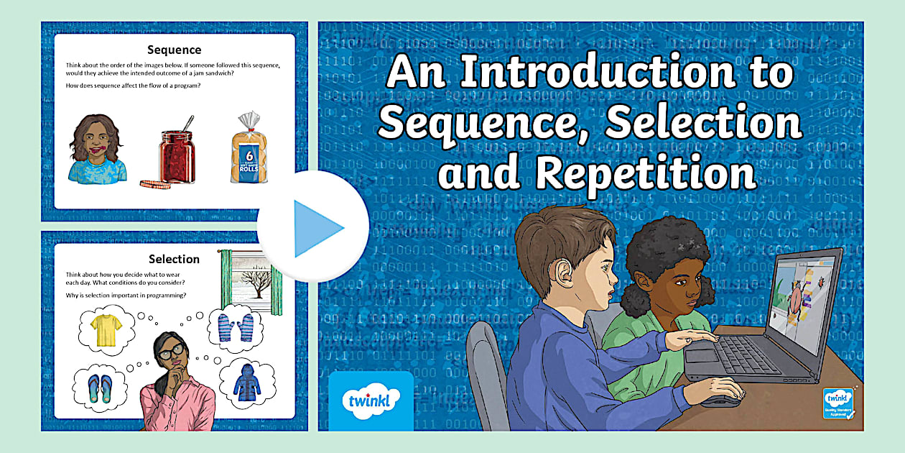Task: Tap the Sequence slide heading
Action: click(174, 50)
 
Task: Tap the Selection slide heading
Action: click(174, 259)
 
